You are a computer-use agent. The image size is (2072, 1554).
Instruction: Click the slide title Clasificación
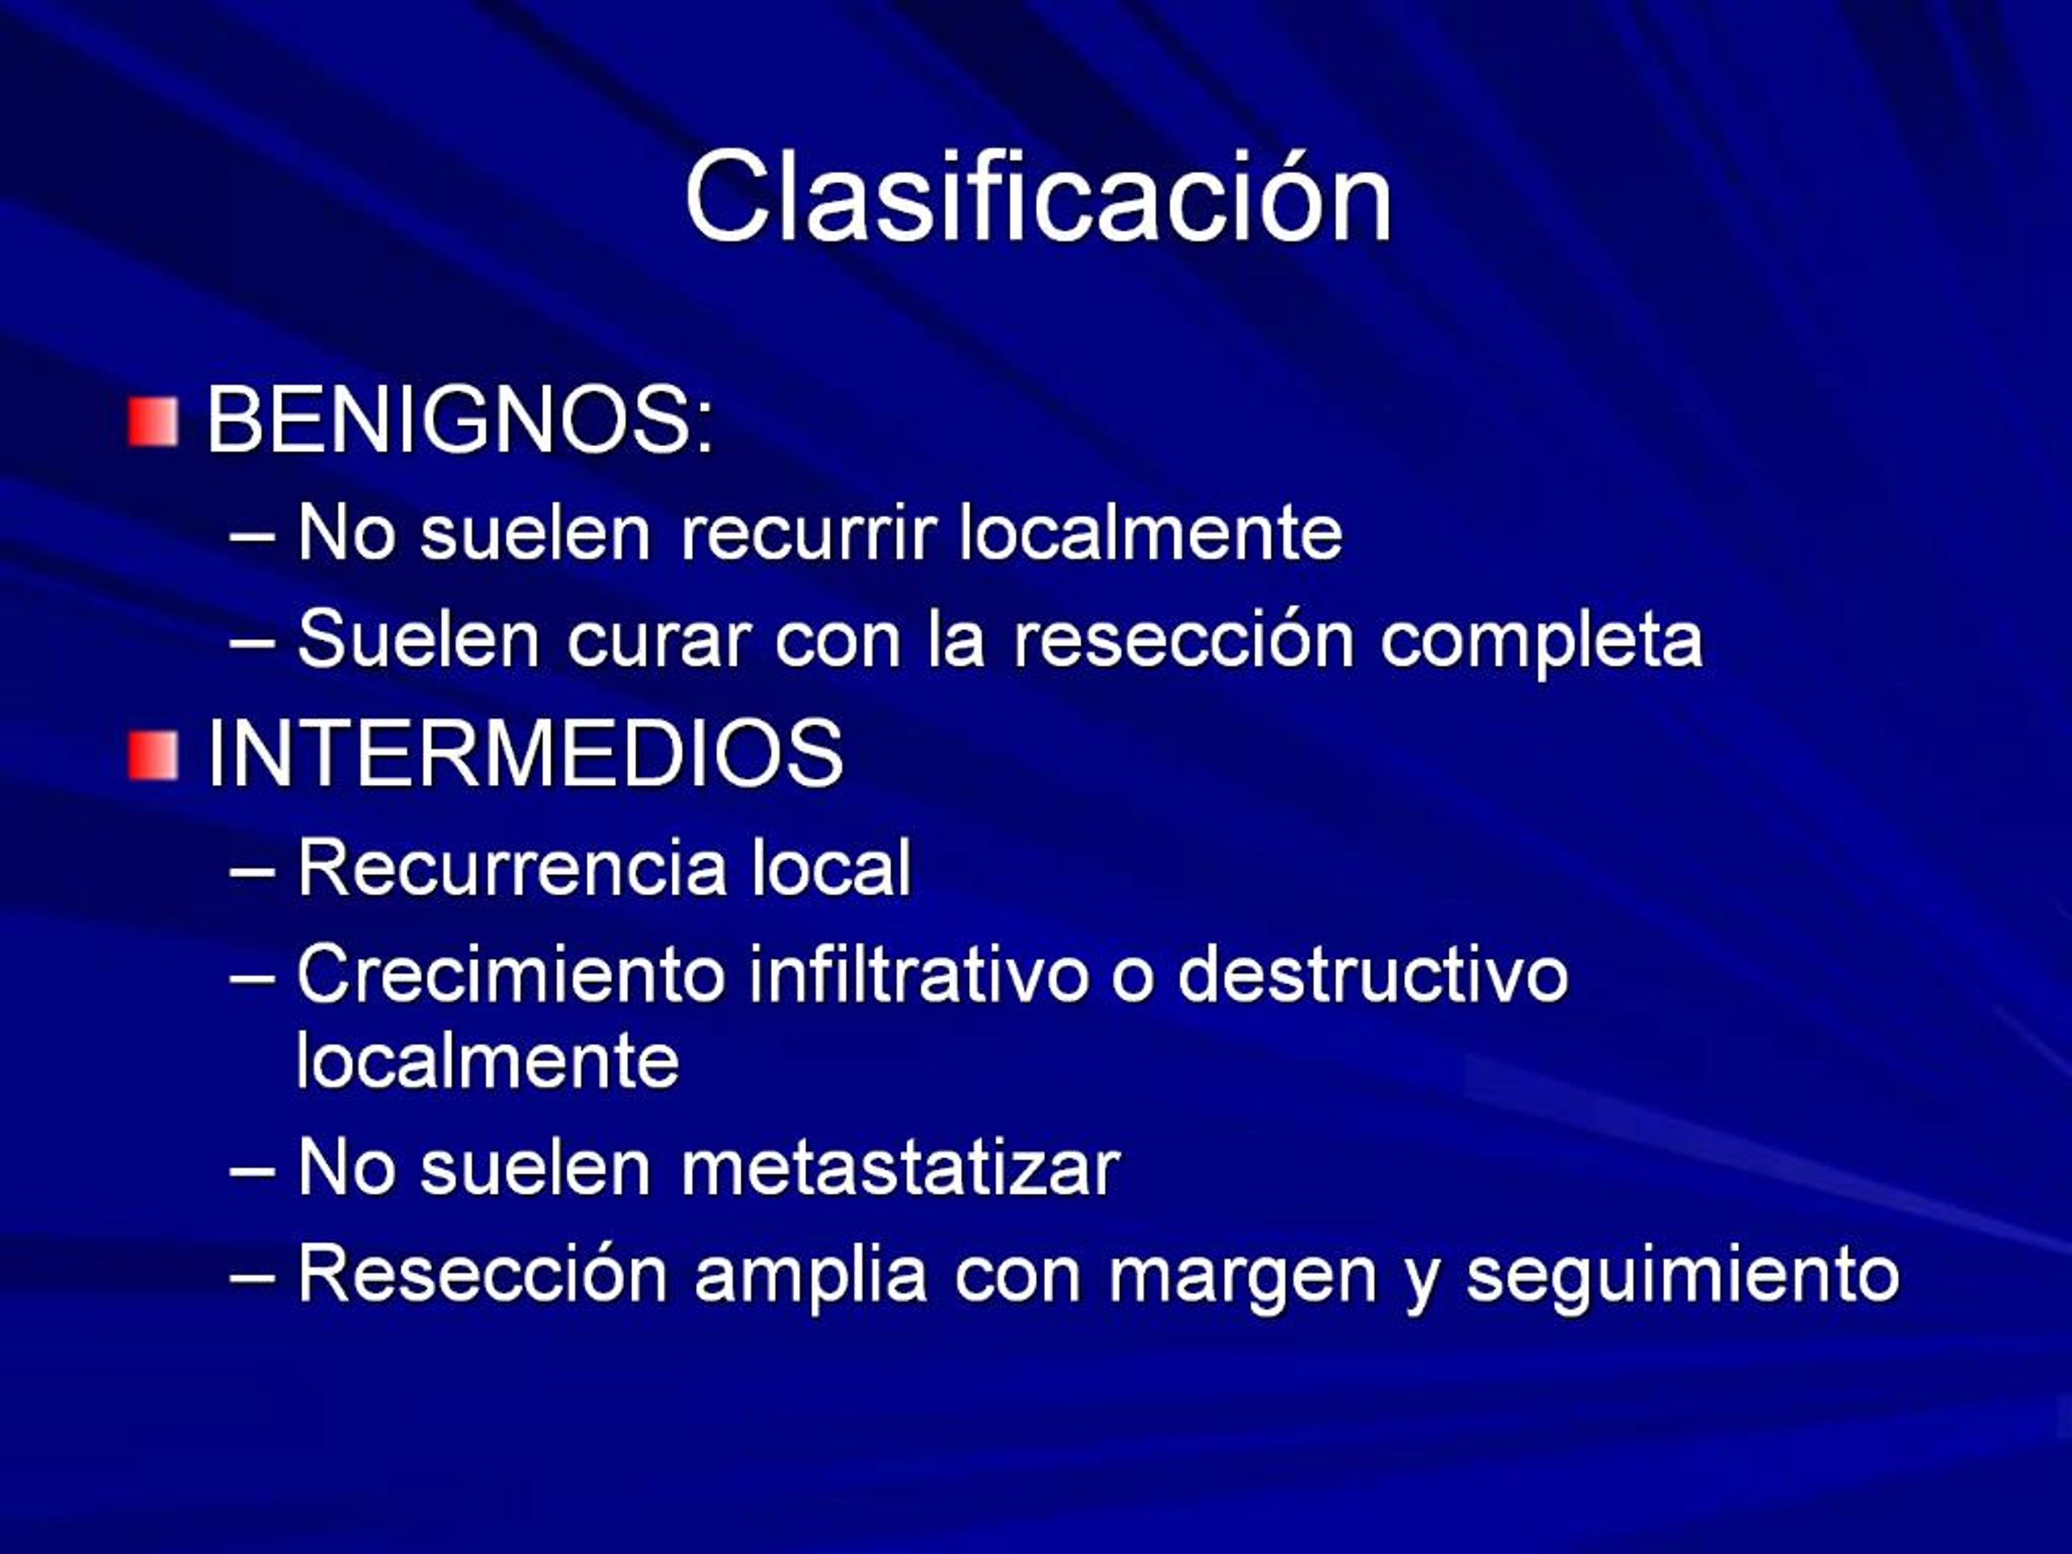tap(1038, 197)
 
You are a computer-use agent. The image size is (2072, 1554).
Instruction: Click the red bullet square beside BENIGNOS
tap(154, 422)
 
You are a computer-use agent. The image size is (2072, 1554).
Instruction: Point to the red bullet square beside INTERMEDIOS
tap(154, 756)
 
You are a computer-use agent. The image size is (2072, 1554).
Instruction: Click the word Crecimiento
tap(512, 974)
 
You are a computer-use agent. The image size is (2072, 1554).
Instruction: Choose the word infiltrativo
tap(919, 974)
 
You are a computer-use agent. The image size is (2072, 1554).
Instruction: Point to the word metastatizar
tap(899, 1168)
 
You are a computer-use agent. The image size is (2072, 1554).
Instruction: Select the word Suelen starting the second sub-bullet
tap(418, 639)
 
